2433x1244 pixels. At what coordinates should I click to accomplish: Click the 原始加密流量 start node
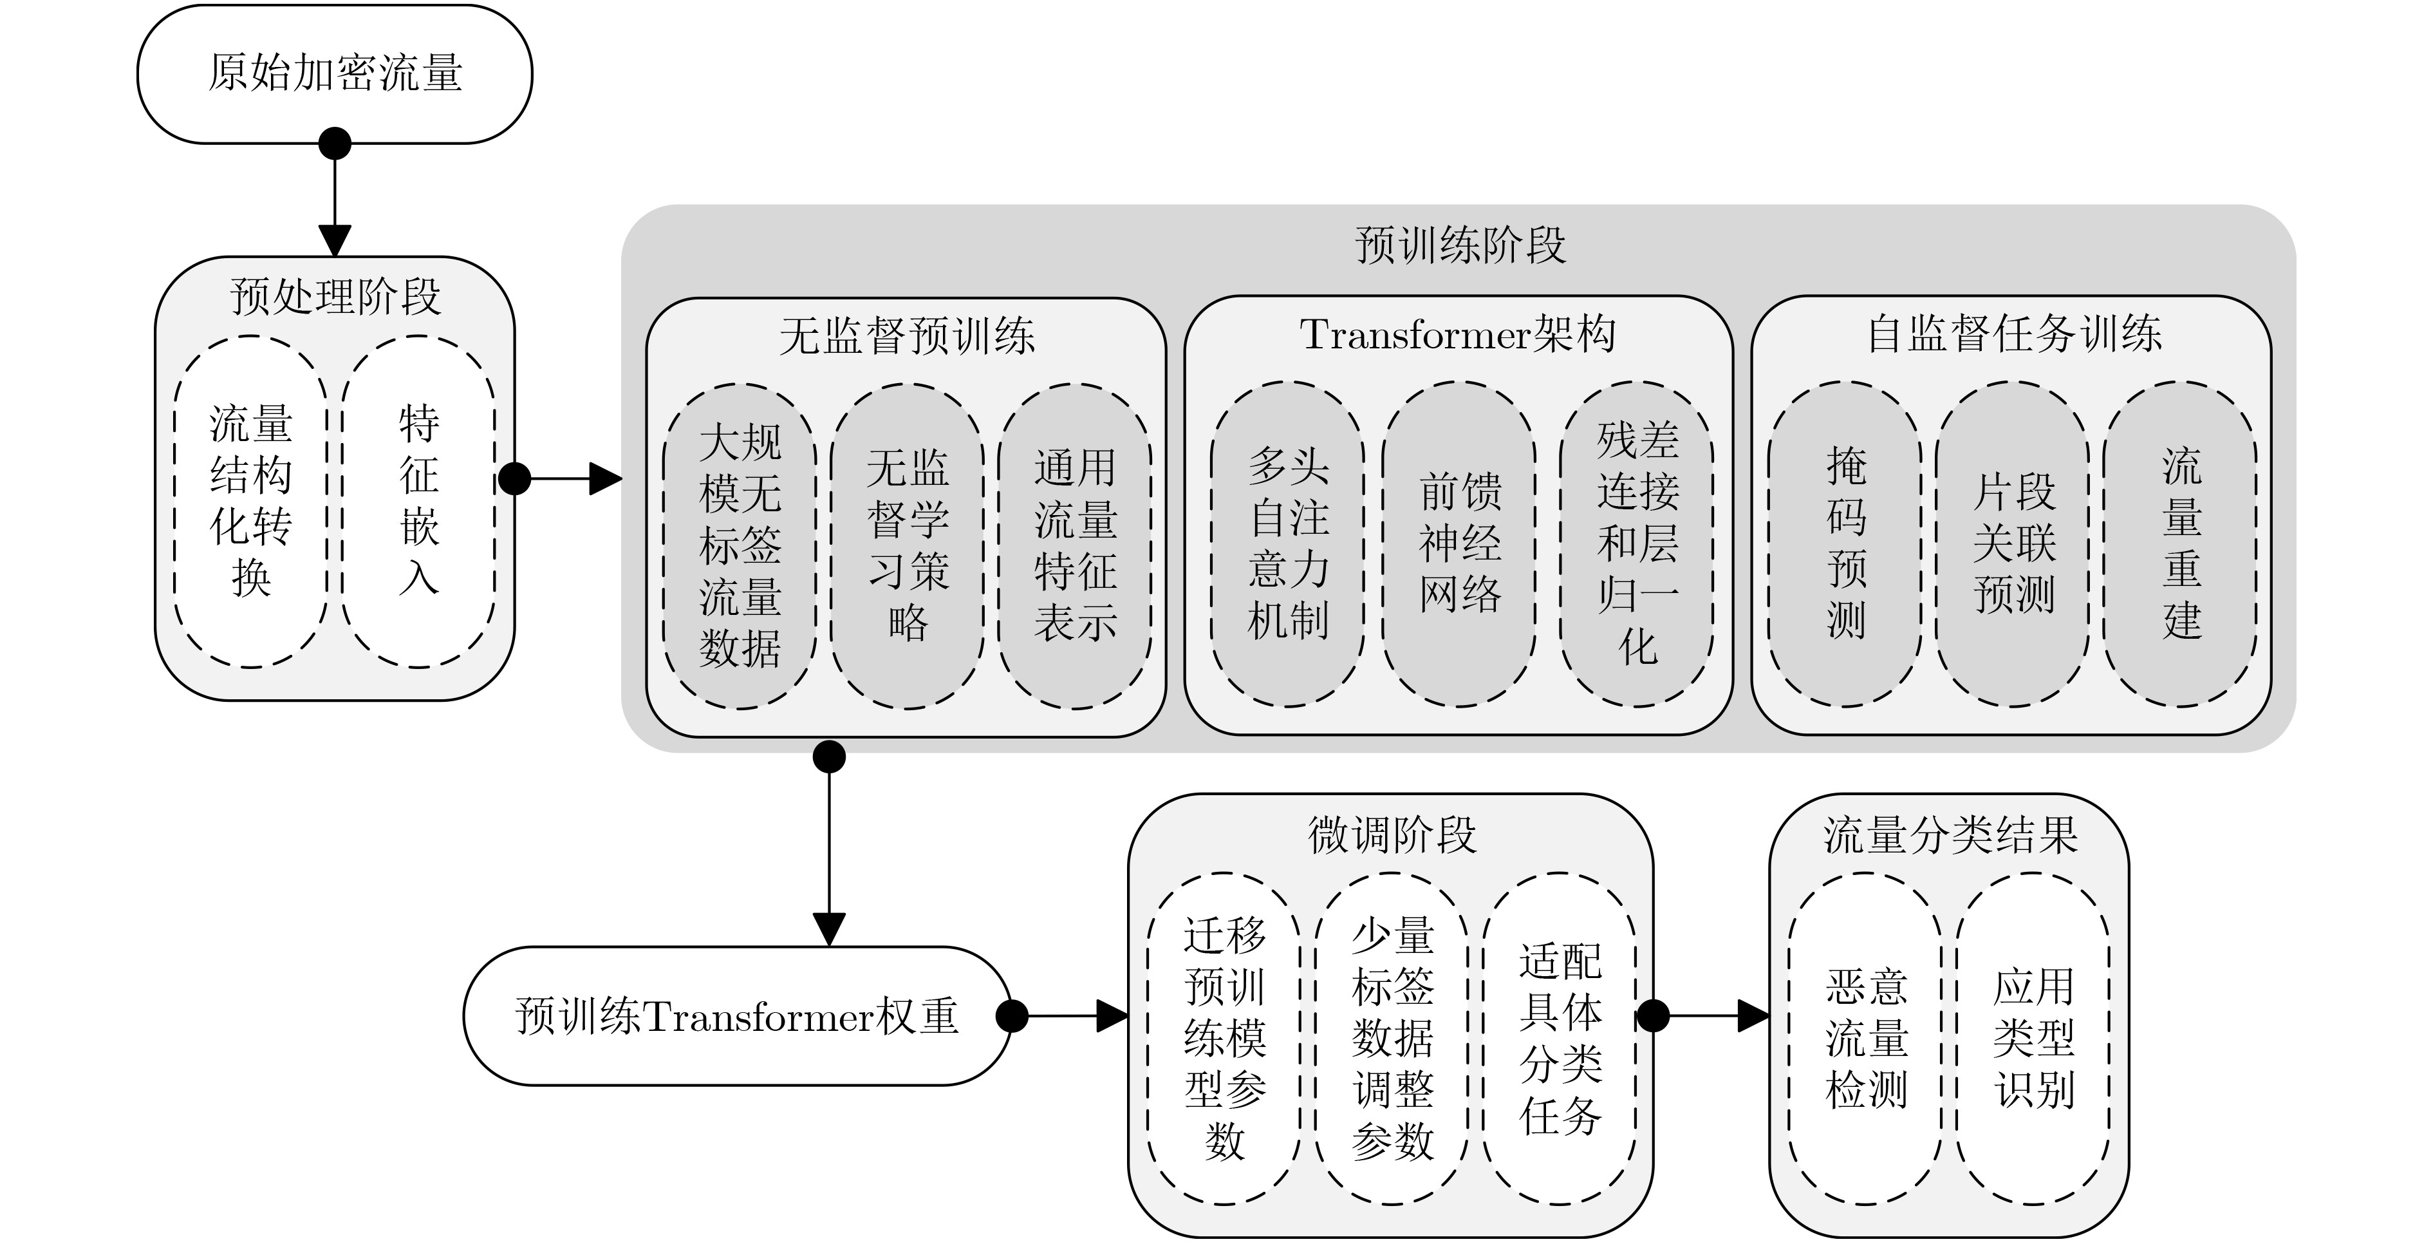(x=334, y=73)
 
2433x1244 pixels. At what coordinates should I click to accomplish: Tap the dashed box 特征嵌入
(x=418, y=502)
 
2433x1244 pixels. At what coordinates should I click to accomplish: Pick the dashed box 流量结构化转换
(x=250, y=502)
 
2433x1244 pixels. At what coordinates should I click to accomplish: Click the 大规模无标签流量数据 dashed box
(x=740, y=546)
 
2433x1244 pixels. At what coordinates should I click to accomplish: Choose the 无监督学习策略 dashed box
(x=907, y=546)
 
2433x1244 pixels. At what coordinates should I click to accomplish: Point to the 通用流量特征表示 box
(x=1075, y=546)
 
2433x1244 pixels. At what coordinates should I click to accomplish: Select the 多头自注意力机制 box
(x=1287, y=544)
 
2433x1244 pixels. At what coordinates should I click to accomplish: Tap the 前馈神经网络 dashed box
(x=1459, y=544)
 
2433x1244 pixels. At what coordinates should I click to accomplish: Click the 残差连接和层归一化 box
(x=1637, y=544)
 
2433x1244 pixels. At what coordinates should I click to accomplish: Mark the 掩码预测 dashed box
(x=1845, y=544)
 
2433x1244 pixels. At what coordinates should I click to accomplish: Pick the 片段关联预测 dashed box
(x=2013, y=544)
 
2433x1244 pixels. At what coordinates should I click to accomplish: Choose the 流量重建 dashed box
(x=2181, y=544)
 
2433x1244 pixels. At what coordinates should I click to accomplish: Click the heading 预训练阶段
(x=1459, y=245)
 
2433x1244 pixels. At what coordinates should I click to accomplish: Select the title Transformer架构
(x=1457, y=334)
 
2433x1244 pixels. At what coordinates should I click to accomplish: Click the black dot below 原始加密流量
(x=334, y=144)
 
